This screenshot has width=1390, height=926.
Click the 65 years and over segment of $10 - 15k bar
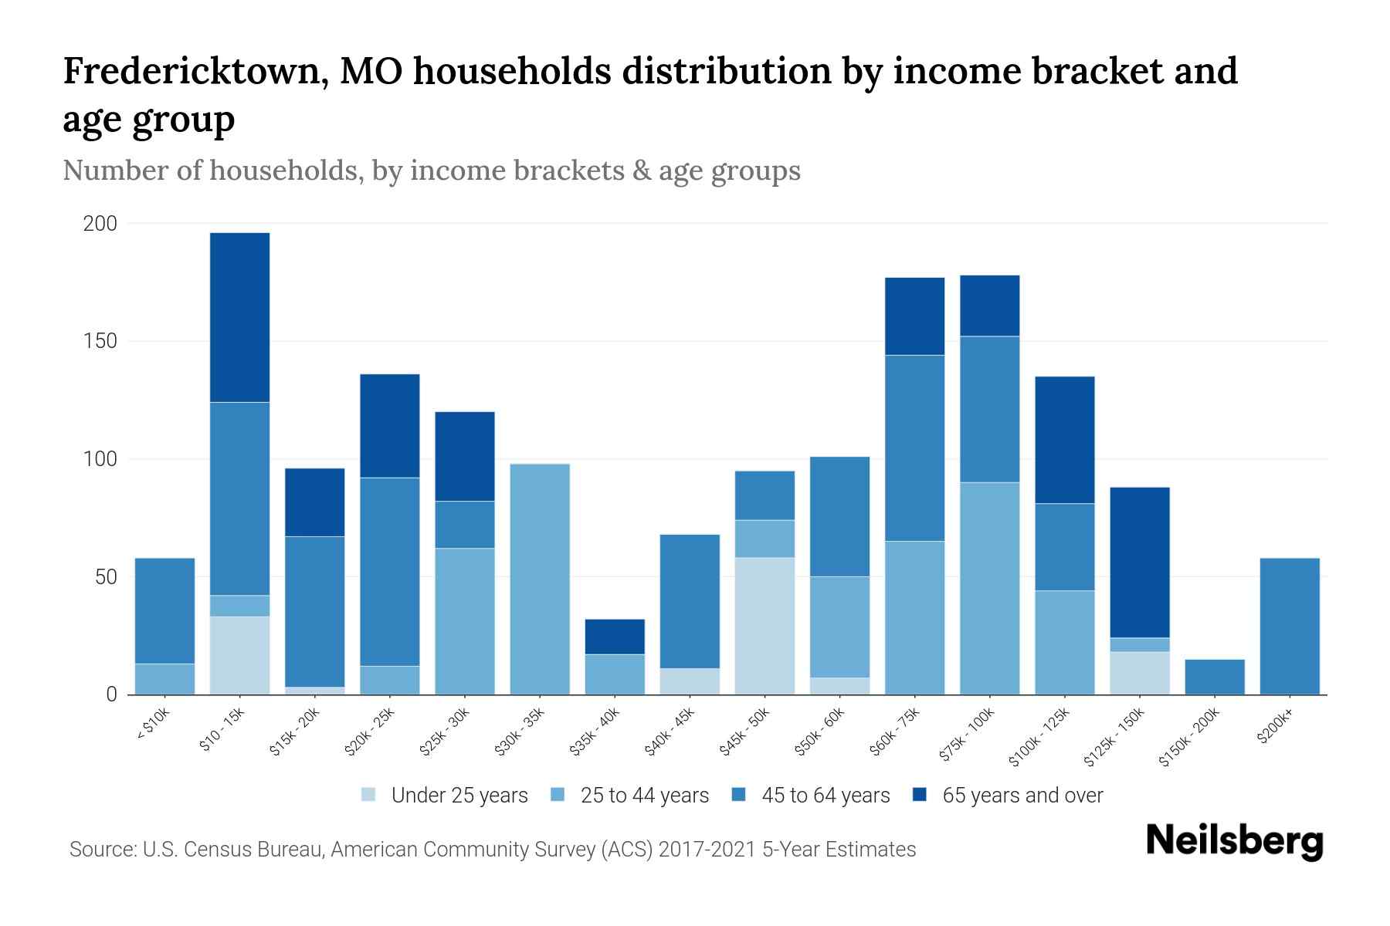[239, 317]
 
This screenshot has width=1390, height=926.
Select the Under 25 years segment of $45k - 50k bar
[764, 626]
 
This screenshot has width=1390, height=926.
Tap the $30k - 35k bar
[540, 579]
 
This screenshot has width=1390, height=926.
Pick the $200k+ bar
[1289, 626]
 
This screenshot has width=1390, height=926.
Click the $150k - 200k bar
[1214, 677]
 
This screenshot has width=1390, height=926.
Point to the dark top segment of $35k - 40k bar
[615, 637]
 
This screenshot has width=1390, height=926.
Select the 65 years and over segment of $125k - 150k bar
[1139, 563]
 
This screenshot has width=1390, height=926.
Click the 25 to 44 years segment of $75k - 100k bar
[989, 588]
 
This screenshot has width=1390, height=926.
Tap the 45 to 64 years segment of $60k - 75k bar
[914, 448]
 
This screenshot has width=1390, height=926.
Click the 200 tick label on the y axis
[100, 224]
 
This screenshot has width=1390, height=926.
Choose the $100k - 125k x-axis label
[1040, 736]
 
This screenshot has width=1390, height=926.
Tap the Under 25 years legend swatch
[369, 795]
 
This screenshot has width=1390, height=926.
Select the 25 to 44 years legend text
[644, 796]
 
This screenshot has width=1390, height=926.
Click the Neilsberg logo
[1234, 841]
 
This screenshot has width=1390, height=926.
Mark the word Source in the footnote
[100, 850]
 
